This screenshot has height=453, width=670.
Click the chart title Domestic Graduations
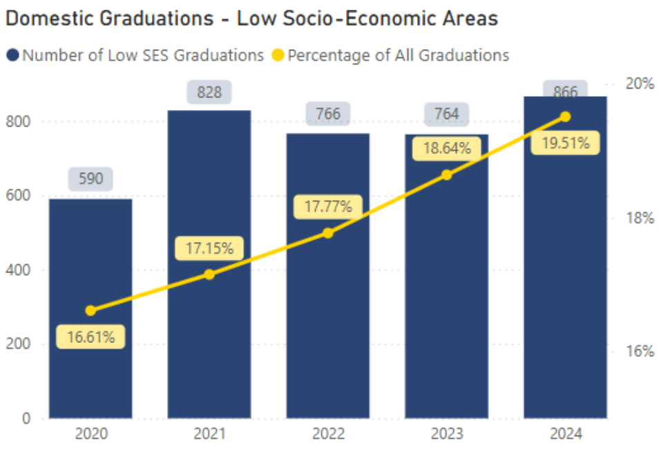(x=251, y=19)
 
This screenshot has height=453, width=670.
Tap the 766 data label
(x=328, y=113)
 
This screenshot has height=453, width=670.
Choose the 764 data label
(x=447, y=113)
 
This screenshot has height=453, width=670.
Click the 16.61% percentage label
(x=90, y=337)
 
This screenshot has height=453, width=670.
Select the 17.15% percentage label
(x=209, y=248)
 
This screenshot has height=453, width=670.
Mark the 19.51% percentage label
(x=565, y=143)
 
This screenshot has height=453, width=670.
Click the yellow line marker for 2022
(x=328, y=233)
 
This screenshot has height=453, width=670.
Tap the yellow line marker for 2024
(x=565, y=116)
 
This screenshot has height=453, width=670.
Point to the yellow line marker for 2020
(x=90, y=311)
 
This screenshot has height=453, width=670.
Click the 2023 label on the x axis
(x=447, y=435)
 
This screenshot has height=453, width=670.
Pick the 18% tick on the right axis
(x=639, y=218)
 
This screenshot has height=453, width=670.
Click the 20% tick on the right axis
(x=639, y=84)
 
